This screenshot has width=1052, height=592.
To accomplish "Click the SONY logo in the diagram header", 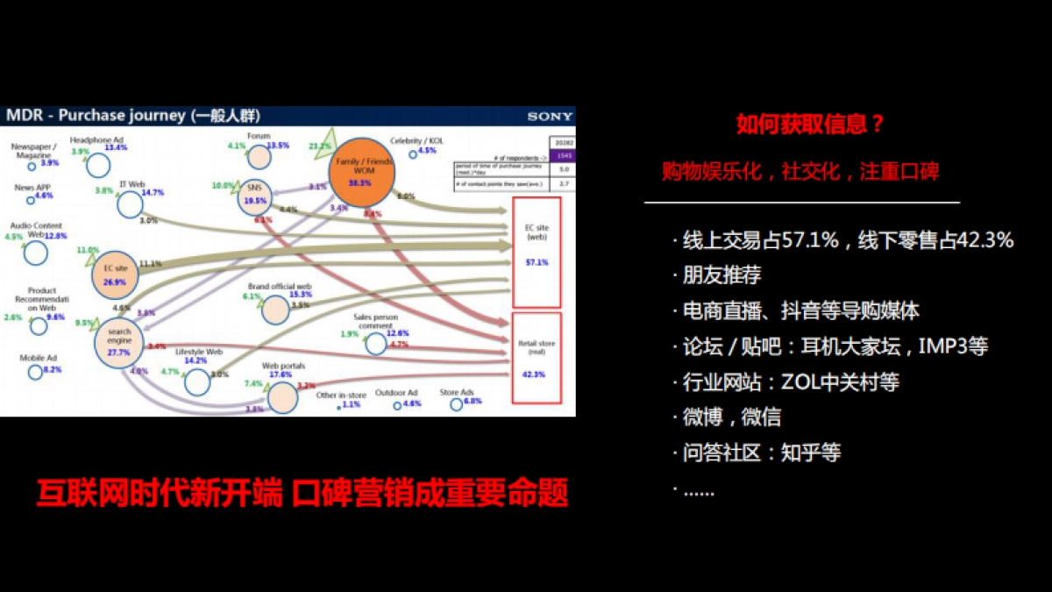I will tap(550, 116).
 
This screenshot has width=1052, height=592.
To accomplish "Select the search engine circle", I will tap(119, 343).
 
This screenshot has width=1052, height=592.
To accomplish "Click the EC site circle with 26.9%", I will tap(115, 275).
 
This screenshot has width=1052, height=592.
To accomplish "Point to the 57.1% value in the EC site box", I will tap(537, 262).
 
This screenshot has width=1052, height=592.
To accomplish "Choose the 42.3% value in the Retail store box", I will tap(534, 374).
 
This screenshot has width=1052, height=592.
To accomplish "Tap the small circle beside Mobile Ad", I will tap(35, 372).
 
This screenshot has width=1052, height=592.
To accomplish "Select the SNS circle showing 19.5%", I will tap(255, 195).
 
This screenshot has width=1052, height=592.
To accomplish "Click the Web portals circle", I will tap(282, 397).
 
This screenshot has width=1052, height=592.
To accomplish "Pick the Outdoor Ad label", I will tap(396, 393).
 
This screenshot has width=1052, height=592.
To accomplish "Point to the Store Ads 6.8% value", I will tap(473, 402).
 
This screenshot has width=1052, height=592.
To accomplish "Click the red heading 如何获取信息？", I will tap(811, 125).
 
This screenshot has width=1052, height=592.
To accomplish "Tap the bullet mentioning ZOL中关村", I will tap(791, 382).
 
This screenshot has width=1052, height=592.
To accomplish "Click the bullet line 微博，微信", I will tap(732, 417).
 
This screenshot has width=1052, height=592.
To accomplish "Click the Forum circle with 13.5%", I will tap(258, 158).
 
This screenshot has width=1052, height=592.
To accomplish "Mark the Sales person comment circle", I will tap(375, 344).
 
